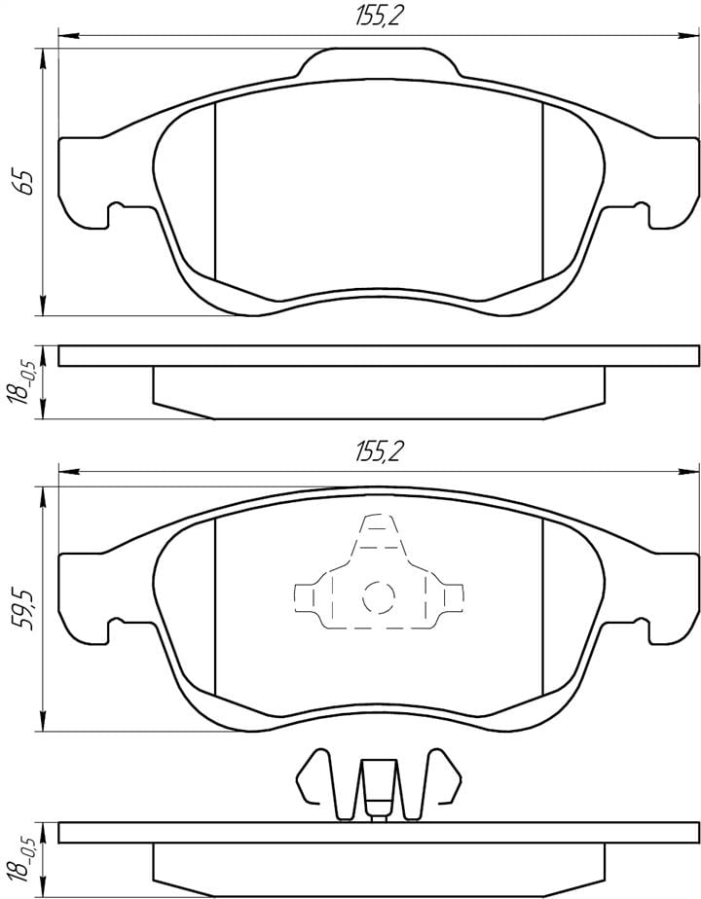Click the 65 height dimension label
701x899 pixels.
[26, 181]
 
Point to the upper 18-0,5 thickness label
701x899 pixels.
[26, 381]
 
